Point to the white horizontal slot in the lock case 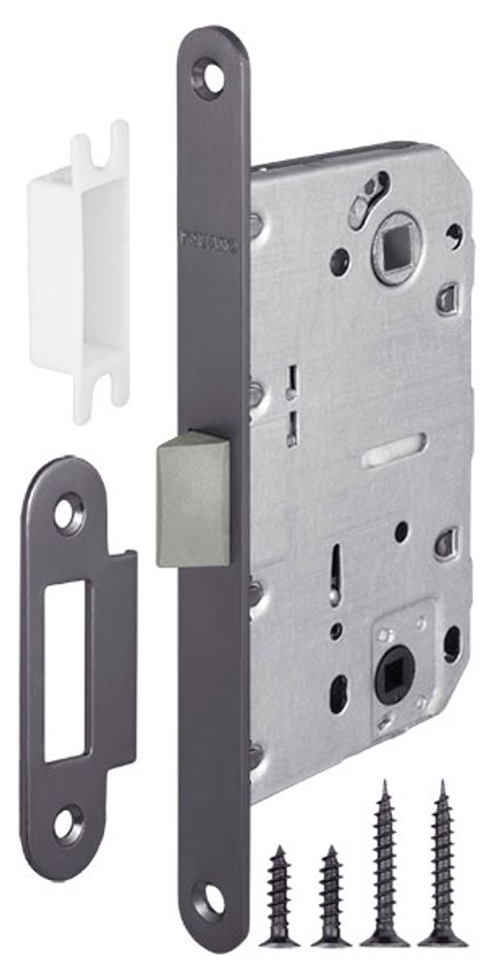394,453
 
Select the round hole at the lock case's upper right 452,233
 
